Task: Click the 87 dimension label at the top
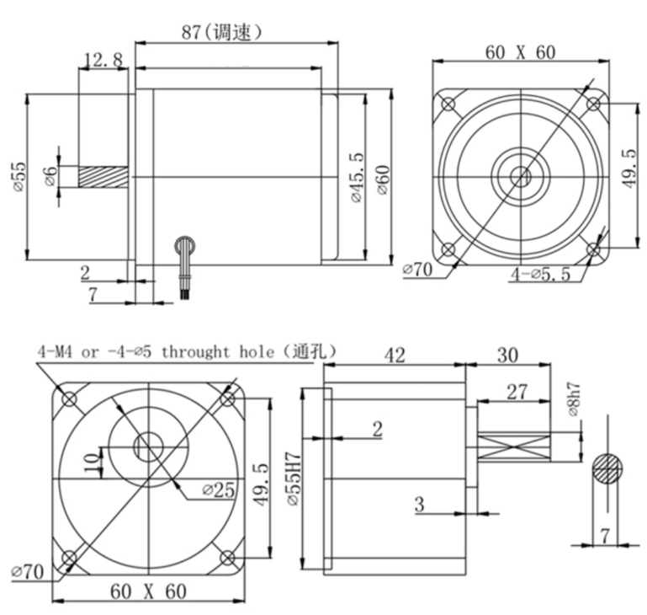191,31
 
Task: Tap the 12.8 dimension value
103,60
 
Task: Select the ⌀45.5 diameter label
358,177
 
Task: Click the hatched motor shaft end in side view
103,177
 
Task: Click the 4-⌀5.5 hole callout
540,274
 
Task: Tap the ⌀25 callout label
219,490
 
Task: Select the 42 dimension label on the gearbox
395,356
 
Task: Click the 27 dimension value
517,392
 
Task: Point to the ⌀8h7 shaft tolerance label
574,399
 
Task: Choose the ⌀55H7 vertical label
294,479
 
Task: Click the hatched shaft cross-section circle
607,468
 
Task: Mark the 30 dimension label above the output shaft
507,356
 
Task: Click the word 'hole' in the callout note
257,352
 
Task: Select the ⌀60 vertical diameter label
383,180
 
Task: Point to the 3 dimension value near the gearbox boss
419,505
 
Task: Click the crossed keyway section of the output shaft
514,447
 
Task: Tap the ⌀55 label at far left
20,177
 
